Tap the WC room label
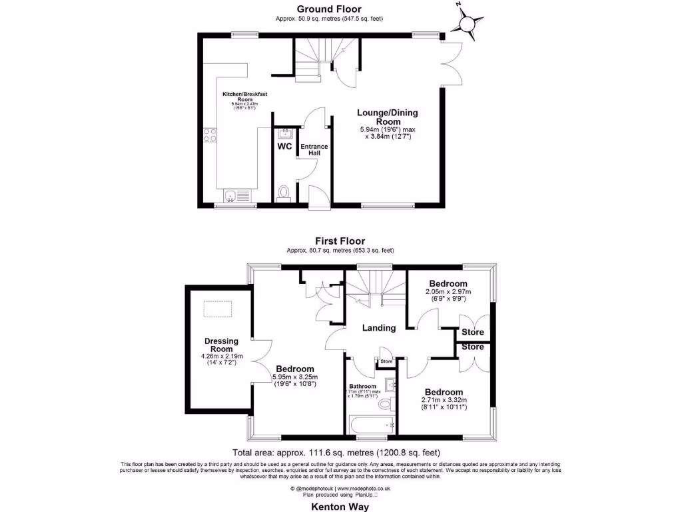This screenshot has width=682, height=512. [x=284, y=146]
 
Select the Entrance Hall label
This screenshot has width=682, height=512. [x=310, y=150]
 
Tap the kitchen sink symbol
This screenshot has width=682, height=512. [x=230, y=196]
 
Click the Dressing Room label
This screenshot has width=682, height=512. [x=221, y=345]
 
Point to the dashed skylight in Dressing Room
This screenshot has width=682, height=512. [x=220, y=308]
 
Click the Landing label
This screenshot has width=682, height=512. [x=379, y=327]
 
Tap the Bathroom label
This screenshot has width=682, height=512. [x=363, y=386]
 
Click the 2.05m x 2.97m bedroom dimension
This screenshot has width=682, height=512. [x=448, y=292]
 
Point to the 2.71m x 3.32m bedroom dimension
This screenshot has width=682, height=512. [x=445, y=400]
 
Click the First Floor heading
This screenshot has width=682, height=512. [x=340, y=241]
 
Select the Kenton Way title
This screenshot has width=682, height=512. [x=340, y=506]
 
